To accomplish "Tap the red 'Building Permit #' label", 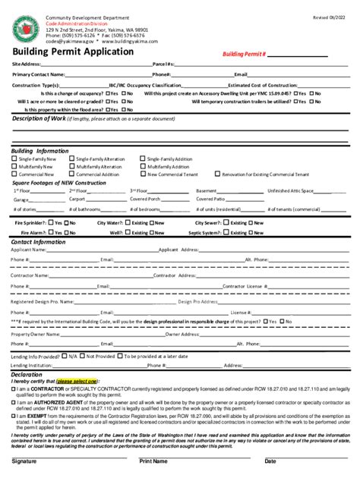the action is [244, 55].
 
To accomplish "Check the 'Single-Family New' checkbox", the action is [14, 159].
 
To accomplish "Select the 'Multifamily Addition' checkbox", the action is [143, 167].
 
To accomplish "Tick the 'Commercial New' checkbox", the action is [14, 175].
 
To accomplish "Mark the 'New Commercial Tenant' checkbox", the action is [143, 175].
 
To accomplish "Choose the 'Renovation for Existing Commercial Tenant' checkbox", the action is [216, 175].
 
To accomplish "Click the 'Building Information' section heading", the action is [39, 151].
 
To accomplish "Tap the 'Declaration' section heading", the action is [27, 375].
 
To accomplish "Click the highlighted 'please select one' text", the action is [77, 381].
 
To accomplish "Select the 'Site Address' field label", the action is [26, 64].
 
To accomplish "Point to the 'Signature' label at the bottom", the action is [24, 461].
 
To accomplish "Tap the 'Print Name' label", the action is [155, 461].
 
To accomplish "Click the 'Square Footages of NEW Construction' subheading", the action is [59, 183].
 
